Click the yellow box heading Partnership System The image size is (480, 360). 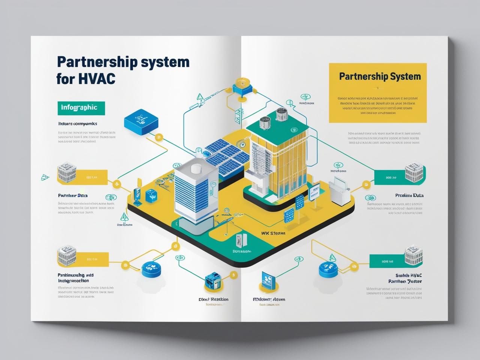(x=379, y=76)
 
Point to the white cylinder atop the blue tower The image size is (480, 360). (x=196, y=169)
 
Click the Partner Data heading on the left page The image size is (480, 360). (x=73, y=195)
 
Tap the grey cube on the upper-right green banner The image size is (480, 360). (x=414, y=172)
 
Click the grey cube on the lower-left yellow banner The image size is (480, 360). (x=67, y=256)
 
